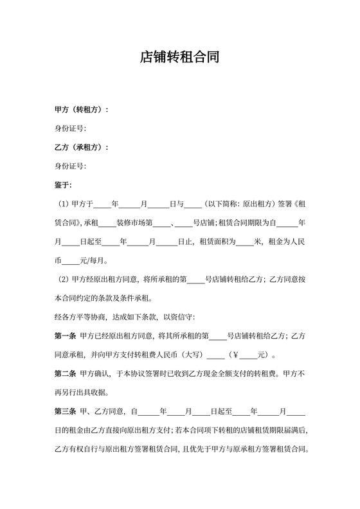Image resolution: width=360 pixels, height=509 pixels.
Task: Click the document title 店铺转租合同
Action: coord(180,57)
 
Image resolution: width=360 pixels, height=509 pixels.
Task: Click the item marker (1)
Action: coord(64,204)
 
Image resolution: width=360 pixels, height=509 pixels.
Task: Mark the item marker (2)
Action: coord(64,280)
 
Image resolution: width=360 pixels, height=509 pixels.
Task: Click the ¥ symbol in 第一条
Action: coord(235,354)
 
